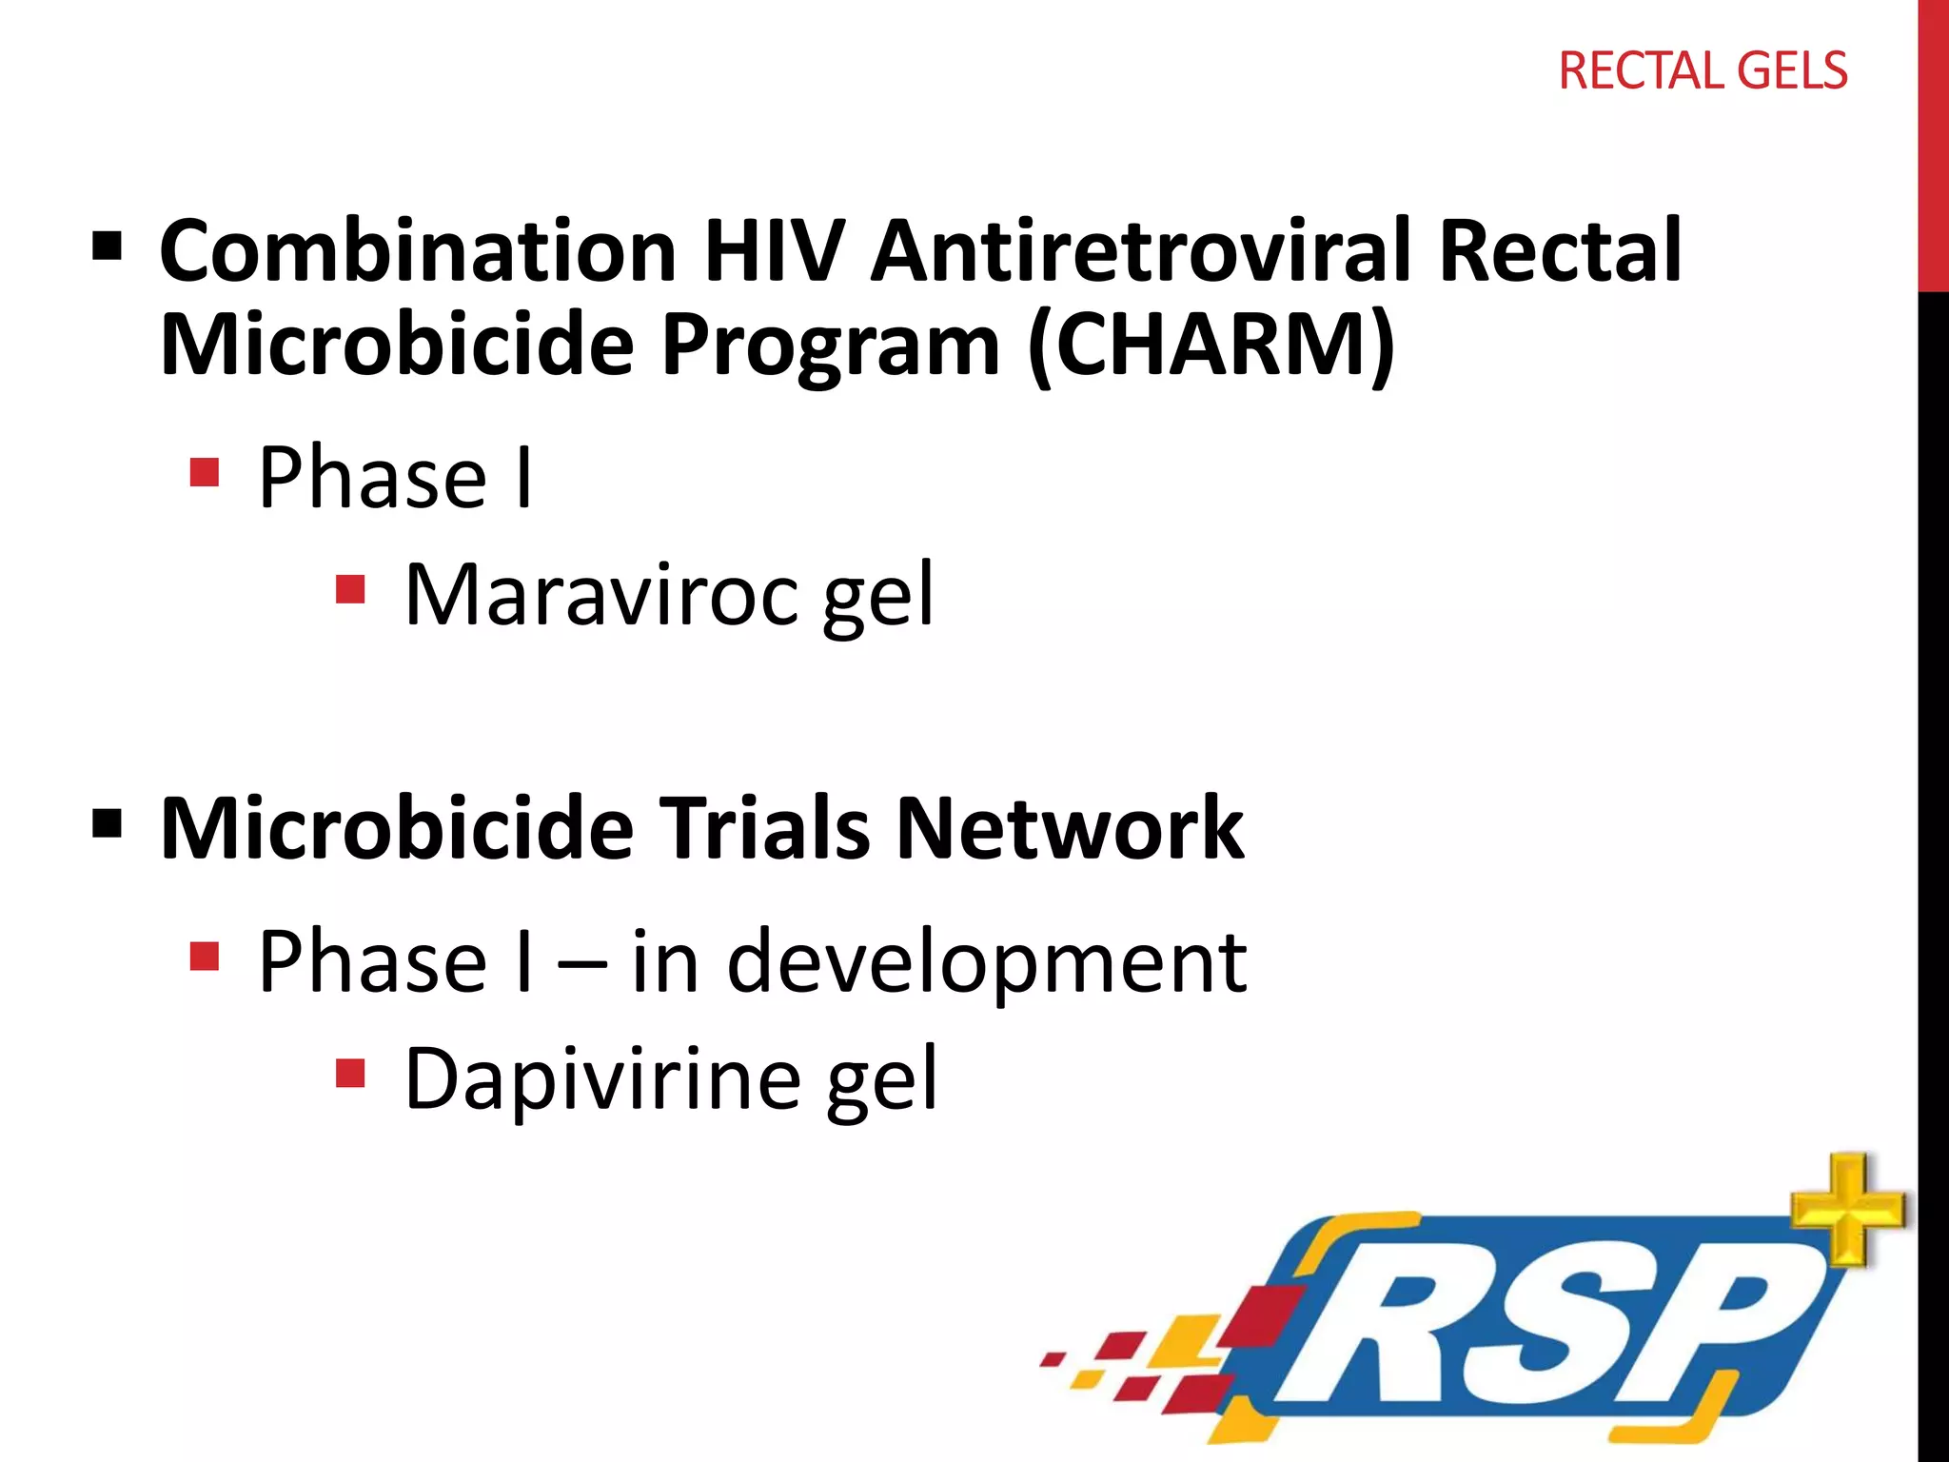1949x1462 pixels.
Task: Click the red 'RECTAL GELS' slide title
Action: coord(1703,71)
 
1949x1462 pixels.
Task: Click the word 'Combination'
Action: coord(418,251)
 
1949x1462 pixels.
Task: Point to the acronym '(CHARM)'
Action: coord(1211,345)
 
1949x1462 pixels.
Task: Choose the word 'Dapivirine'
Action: coord(602,1079)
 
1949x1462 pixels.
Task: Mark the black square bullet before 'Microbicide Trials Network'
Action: coord(108,824)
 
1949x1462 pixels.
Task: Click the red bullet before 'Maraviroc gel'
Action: coord(350,589)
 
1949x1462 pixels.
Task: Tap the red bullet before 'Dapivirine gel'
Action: coord(350,1073)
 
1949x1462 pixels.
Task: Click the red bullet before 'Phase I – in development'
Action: coord(205,956)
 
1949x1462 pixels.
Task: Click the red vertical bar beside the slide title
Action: coord(1933,143)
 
